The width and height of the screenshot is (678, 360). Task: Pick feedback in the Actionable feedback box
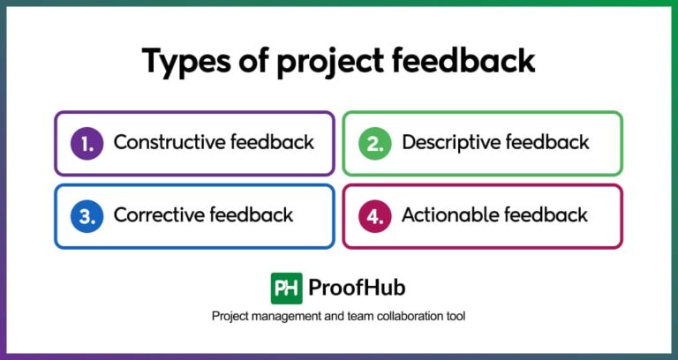coord(548,214)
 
